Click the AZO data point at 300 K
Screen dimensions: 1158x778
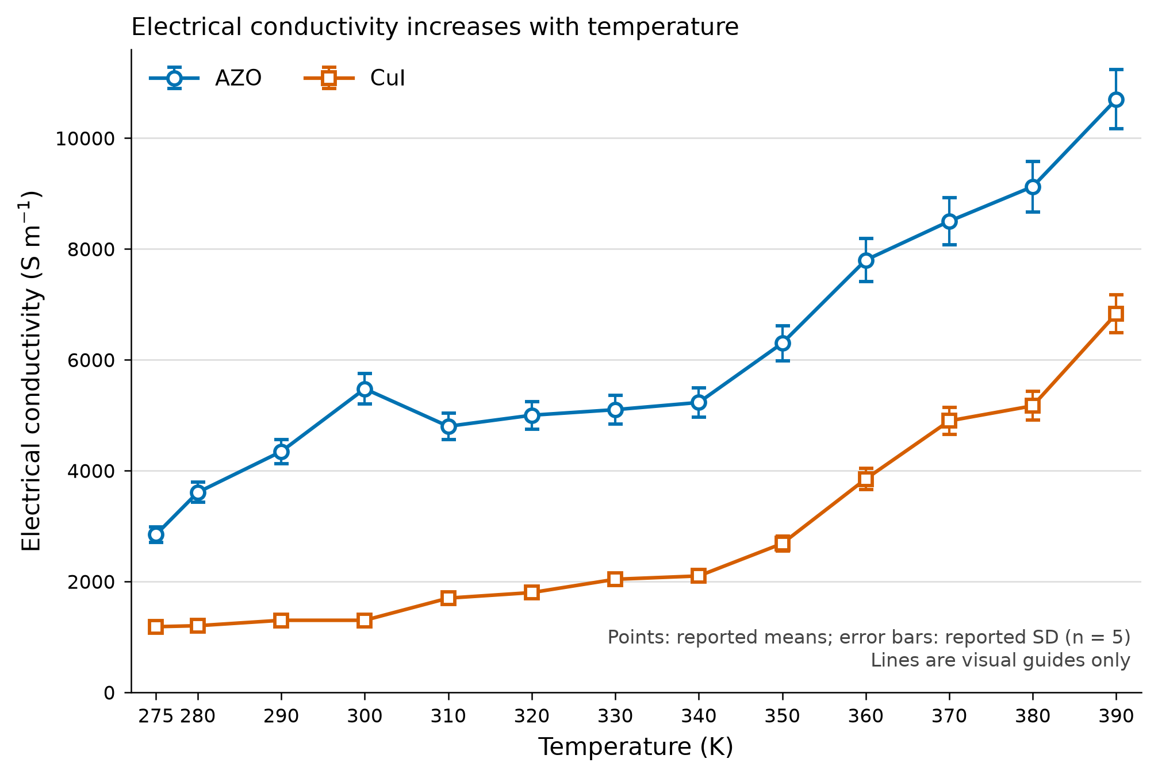coord(365,389)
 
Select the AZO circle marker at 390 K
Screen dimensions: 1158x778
coord(1116,99)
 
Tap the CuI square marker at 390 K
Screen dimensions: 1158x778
coord(1116,313)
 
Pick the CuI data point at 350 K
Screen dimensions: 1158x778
coord(782,543)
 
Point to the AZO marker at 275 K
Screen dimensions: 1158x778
coord(156,534)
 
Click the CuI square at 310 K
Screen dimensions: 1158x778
coord(448,598)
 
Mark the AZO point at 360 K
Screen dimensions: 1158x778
coord(866,260)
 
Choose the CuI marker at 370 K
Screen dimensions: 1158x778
coord(949,421)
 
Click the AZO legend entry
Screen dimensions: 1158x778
coord(206,78)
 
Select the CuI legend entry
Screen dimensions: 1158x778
coord(355,78)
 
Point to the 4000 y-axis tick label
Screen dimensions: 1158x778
coord(91,471)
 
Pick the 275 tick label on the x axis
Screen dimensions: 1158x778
coord(156,716)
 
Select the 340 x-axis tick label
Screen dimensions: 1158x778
coord(699,716)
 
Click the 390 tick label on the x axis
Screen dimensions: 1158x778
coord(1116,716)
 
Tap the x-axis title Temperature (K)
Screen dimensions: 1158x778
coord(636,747)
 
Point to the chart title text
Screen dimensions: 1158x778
coord(435,27)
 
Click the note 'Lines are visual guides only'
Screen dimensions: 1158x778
coord(1000,660)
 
